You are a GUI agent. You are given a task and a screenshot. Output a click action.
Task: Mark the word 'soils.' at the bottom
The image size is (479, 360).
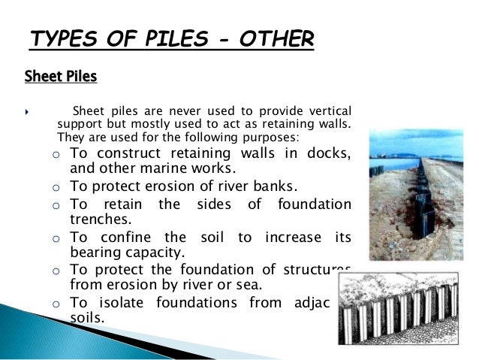87,318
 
